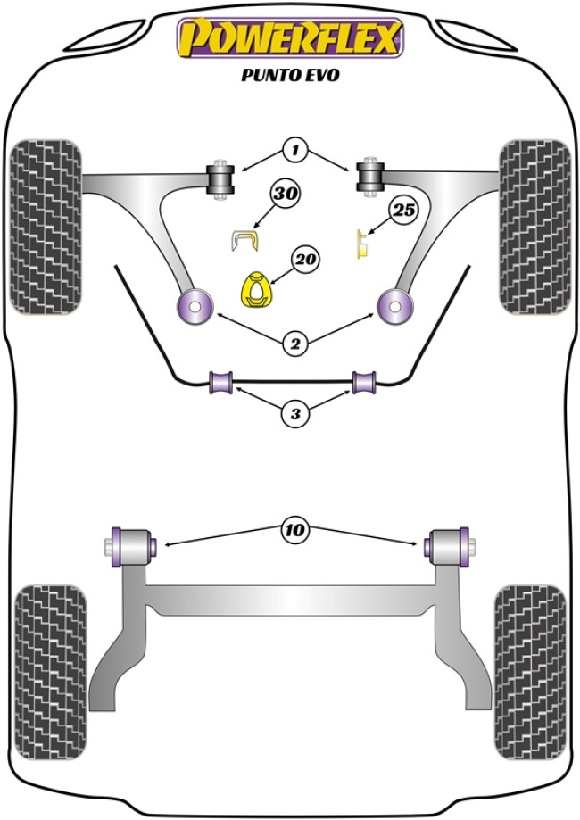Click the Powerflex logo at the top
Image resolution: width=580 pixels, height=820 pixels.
pyautogui.click(x=290, y=38)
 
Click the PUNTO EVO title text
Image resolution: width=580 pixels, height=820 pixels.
pyautogui.click(x=290, y=75)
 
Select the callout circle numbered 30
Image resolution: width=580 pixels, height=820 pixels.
pyautogui.click(x=288, y=194)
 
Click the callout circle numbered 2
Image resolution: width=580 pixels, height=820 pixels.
pyautogui.click(x=294, y=340)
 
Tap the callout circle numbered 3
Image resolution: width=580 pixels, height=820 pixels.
pyautogui.click(x=294, y=412)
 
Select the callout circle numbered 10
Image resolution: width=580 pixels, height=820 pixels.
pyautogui.click(x=294, y=531)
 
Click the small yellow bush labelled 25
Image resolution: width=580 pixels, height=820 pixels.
pyautogui.click(x=363, y=244)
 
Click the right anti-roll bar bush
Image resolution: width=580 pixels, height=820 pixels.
pyautogui.click(x=364, y=382)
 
